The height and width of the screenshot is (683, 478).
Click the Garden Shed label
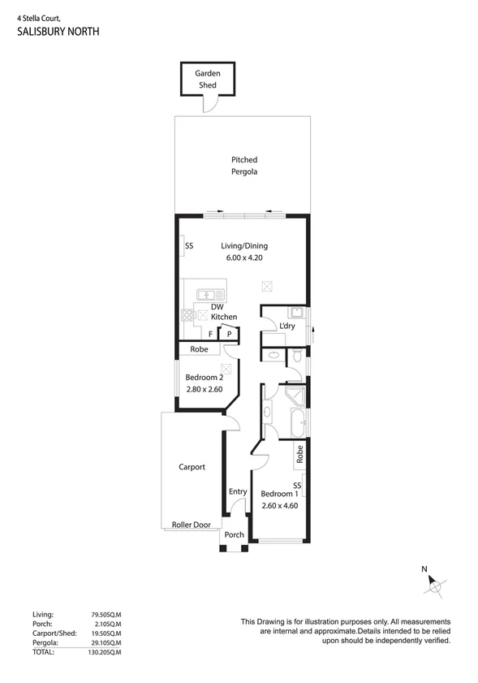[208, 79]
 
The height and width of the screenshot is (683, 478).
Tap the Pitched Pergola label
[244, 166]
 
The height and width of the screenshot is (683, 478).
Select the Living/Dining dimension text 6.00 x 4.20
[244, 257]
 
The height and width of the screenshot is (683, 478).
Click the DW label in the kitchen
[217, 306]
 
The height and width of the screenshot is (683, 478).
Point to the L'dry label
[287, 326]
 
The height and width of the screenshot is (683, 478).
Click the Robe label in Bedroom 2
[199, 349]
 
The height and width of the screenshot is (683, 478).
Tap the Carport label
[192, 467]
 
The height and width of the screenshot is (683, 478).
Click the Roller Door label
[192, 525]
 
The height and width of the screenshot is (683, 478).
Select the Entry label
[238, 491]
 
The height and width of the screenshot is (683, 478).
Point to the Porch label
[235, 534]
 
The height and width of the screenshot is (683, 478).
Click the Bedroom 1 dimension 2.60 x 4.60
[280, 505]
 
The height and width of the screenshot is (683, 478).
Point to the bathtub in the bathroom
[297, 424]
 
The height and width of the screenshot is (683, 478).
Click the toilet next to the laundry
[297, 356]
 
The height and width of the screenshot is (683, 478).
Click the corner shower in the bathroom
[297, 397]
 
